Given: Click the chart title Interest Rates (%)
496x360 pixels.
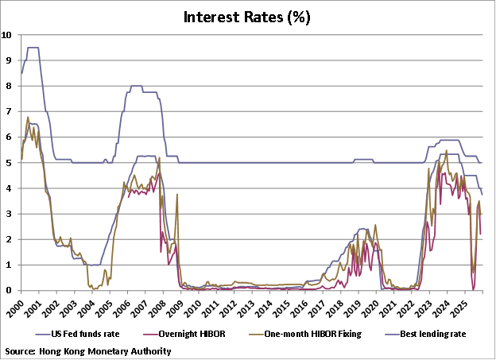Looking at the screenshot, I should [x=248, y=17].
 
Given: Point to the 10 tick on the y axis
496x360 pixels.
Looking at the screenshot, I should [x=7, y=35].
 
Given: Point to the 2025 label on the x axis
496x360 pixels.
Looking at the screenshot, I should [x=470, y=307].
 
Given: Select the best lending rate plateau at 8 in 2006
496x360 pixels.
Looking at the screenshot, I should [x=136, y=86].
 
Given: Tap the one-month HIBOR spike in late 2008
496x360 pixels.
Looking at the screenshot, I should [x=176, y=195].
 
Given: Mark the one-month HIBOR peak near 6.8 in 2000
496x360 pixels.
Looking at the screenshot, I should [x=28, y=118].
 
